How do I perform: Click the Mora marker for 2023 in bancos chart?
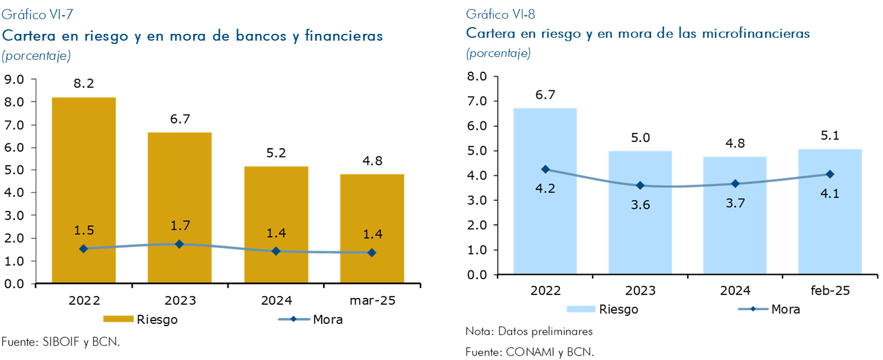coord(179,244)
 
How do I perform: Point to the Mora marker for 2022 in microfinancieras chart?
coord(545,169)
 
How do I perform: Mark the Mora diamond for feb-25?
coord(829,174)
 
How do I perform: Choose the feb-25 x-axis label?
coord(829,291)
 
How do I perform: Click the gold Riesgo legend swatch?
coord(118,319)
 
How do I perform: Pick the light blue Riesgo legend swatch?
coord(581,309)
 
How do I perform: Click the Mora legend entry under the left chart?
coord(311,319)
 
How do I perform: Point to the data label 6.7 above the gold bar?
coord(179,119)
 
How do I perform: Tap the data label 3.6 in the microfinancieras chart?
coord(640,205)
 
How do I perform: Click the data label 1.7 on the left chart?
coord(179,226)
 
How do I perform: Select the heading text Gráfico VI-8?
coord(497,14)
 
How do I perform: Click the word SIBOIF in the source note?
coord(62,342)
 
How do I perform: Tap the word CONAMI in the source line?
coord(528,352)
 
